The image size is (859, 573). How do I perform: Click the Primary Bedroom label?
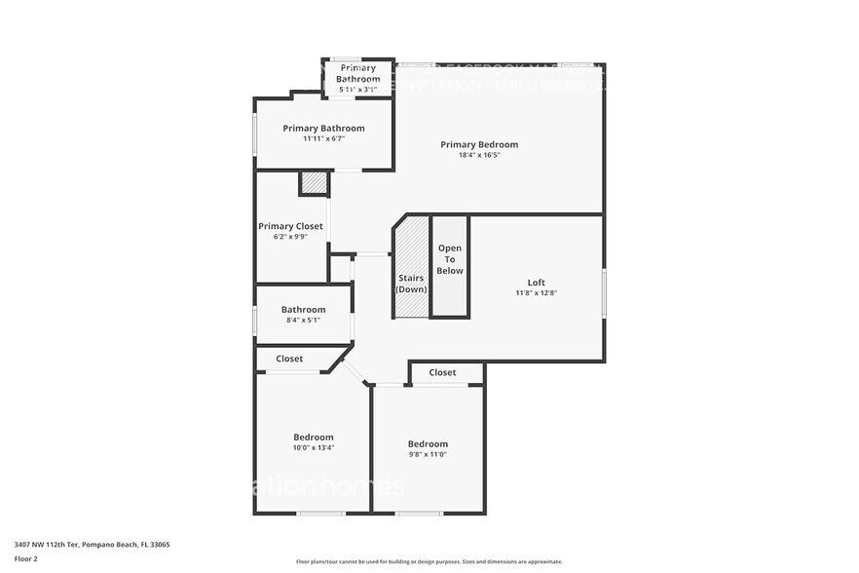[479, 144]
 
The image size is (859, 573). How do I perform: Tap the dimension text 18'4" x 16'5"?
[479, 155]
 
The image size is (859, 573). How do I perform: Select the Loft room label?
[536, 283]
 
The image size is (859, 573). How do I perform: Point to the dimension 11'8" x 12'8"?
[536, 293]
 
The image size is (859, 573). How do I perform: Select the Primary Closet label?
[290, 226]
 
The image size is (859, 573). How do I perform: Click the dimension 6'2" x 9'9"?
[290, 237]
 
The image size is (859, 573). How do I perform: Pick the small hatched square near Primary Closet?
[314, 182]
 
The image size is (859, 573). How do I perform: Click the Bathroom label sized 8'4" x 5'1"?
[303, 309]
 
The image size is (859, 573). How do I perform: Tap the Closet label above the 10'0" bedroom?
[289, 359]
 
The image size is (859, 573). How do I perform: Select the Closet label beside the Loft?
[442, 372]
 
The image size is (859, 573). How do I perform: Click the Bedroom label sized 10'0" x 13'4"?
[314, 437]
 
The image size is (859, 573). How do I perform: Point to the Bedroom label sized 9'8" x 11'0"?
[428, 443]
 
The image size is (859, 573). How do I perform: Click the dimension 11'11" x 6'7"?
[323, 138]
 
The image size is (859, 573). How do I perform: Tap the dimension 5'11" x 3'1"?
[357, 90]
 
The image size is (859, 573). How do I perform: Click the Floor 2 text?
[26, 558]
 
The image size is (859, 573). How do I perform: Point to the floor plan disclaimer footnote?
[429, 561]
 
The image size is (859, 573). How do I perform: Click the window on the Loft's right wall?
[604, 293]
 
